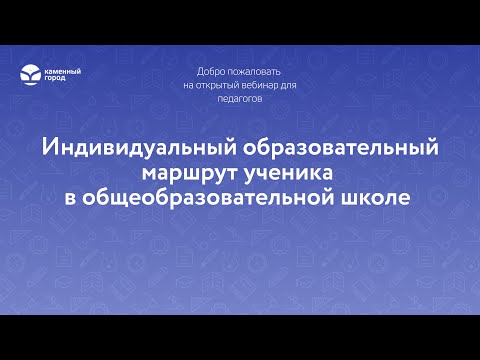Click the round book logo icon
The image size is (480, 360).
(x=32, y=74)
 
